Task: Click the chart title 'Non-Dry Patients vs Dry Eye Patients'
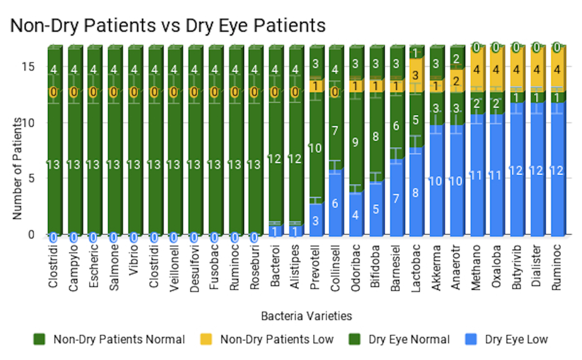click(167, 25)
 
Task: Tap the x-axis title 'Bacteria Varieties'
click(306, 316)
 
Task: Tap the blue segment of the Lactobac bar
click(416, 193)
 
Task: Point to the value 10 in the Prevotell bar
click(315, 148)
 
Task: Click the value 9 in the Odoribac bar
click(356, 143)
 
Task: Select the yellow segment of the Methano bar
click(477, 70)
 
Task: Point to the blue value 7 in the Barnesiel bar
click(396, 198)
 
